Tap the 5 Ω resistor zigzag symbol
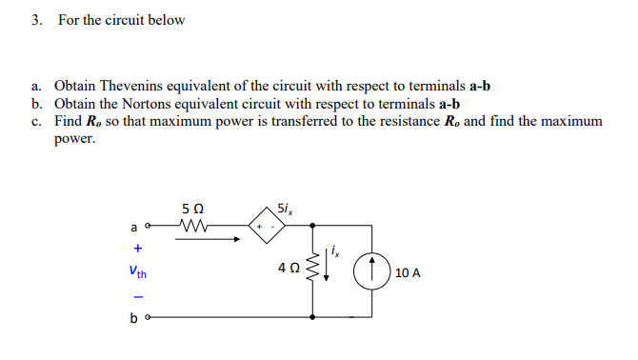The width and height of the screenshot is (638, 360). pyautogui.click(x=198, y=228)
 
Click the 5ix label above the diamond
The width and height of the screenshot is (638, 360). pyautogui.click(x=285, y=208)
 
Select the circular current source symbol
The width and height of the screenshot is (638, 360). pyautogui.click(x=372, y=272)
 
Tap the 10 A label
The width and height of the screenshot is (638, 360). pyautogui.click(x=407, y=273)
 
